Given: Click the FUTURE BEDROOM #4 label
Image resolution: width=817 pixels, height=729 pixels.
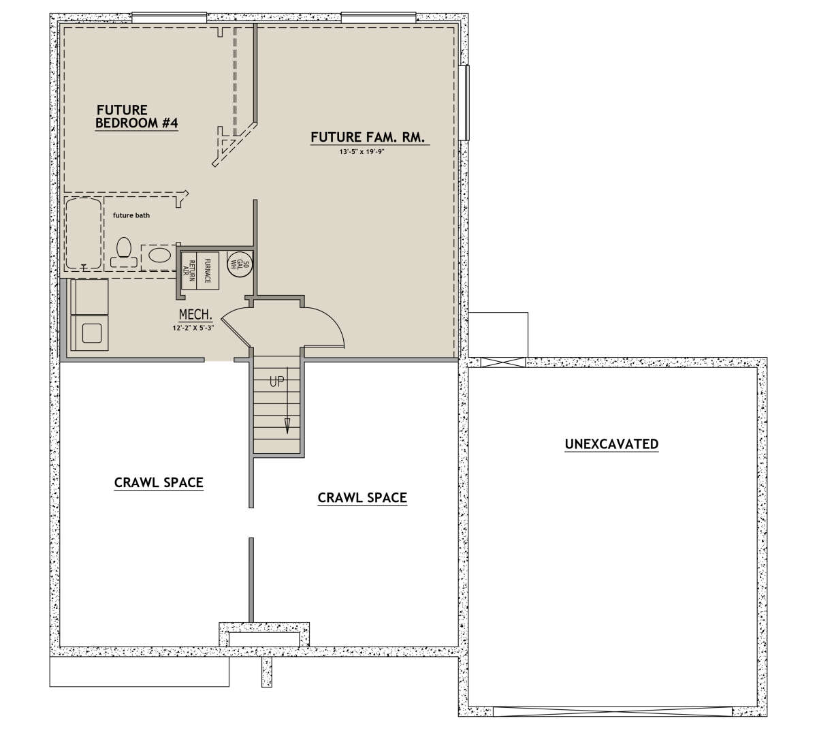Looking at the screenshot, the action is point(137,117).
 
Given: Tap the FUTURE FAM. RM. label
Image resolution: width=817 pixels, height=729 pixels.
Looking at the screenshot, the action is point(368,137).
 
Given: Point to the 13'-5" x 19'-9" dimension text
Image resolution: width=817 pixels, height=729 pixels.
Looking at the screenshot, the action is point(361,152).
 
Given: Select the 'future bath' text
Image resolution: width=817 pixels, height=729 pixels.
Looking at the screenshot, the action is point(131,215).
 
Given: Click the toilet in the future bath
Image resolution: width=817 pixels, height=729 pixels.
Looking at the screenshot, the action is point(124,251).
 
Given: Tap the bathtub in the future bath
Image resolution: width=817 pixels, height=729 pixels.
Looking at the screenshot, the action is point(84,233).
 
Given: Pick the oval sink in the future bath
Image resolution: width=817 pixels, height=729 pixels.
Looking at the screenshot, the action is point(160,255).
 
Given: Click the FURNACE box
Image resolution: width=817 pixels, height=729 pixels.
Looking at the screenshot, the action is point(208,270).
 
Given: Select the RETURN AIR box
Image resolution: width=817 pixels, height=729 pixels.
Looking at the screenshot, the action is point(189,270).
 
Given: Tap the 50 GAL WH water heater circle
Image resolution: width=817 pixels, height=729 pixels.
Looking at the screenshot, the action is point(240,264).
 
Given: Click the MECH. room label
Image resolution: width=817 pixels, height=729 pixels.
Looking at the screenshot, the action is point(195,315).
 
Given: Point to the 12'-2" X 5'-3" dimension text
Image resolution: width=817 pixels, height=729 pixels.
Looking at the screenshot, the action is point(193,328).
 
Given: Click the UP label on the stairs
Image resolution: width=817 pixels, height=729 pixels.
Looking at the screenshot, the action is point(276,381).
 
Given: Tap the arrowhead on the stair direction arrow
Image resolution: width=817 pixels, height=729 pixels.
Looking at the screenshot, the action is point(287,426).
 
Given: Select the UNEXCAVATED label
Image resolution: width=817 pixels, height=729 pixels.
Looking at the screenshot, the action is point(612,444).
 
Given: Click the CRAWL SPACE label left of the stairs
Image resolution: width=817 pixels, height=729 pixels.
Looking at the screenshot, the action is point(159,482).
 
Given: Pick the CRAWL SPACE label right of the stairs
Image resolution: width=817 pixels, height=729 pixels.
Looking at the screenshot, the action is point(362,498).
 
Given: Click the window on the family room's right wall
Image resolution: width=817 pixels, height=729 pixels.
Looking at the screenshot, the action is point(464,102).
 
